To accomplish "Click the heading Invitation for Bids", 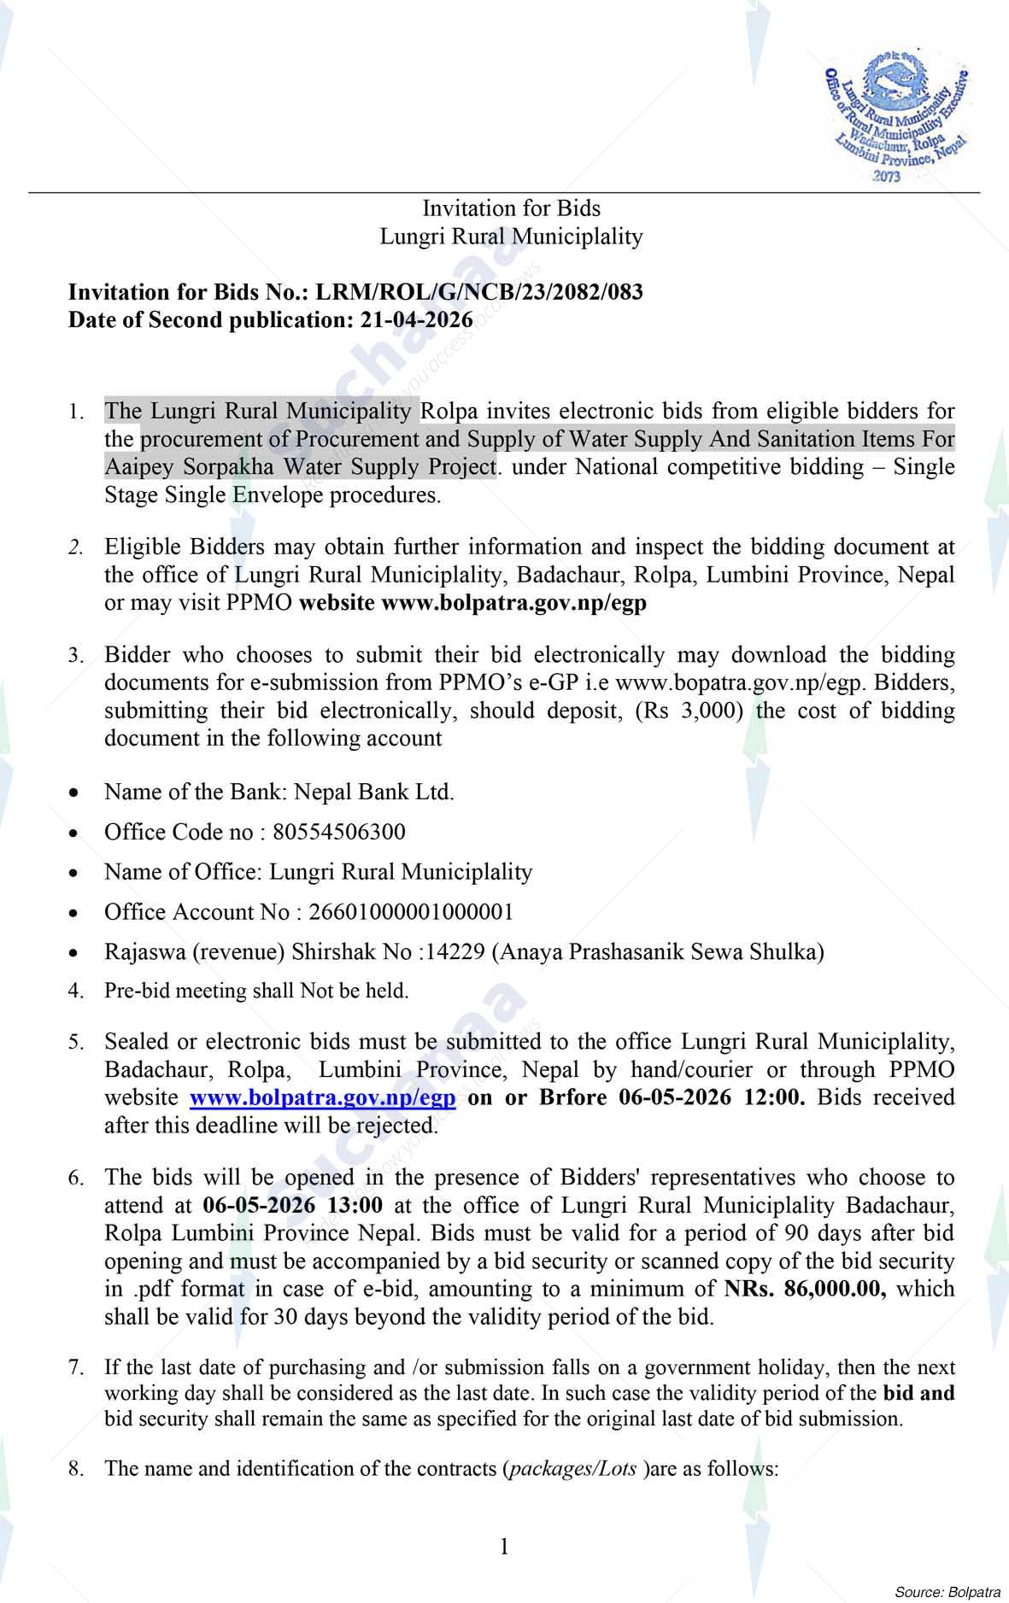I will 511,208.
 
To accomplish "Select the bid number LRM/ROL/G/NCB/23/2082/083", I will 479,292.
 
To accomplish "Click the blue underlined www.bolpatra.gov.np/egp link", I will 322,1097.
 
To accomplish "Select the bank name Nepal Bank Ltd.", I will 373,792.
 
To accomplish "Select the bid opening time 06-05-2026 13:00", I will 293,1205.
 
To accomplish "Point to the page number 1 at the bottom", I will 504,1547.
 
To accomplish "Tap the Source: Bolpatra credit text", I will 947,1592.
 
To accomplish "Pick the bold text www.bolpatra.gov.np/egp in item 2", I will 513,602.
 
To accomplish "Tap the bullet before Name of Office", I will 75,874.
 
